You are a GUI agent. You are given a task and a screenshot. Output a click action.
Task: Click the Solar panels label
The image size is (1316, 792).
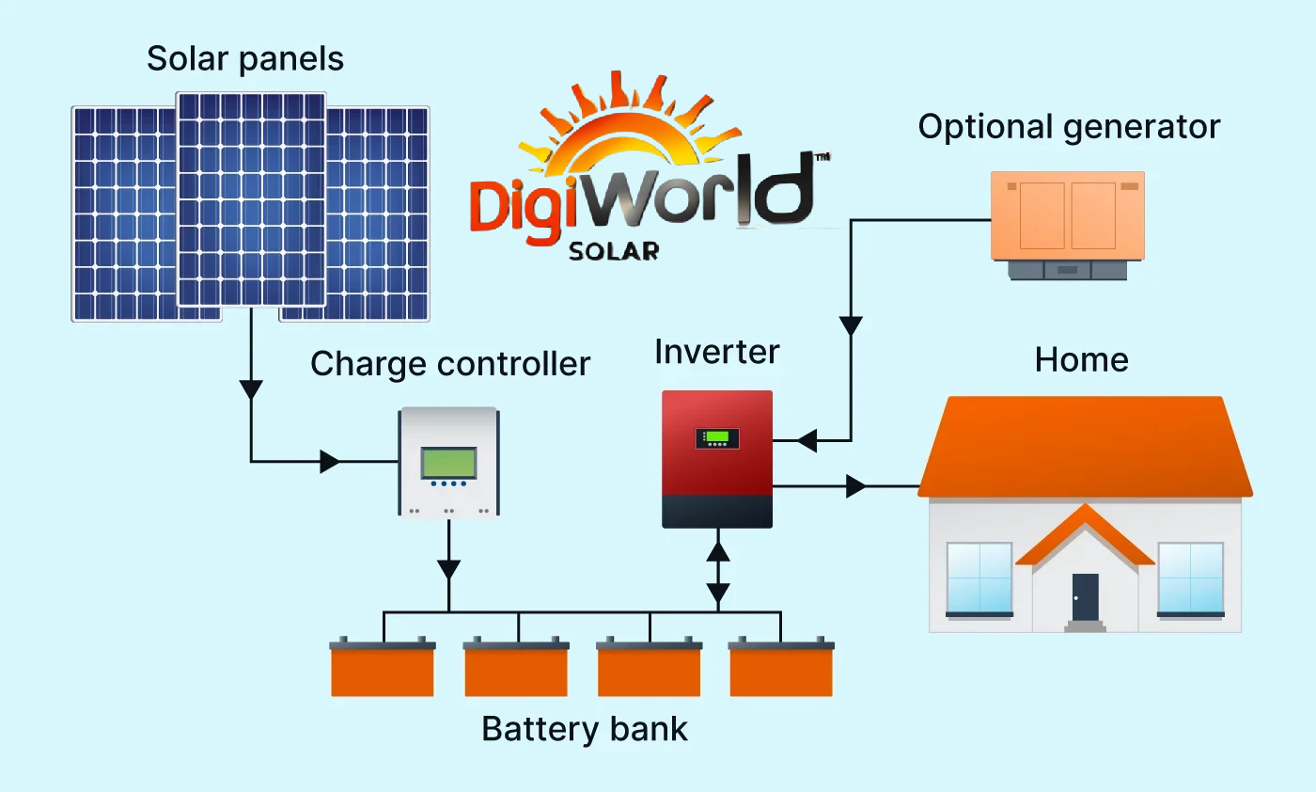pos(245,59)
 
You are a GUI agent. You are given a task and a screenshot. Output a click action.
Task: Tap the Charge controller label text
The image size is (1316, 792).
pos(450,364)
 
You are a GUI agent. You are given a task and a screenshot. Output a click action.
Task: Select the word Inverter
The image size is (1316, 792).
pos(717,353)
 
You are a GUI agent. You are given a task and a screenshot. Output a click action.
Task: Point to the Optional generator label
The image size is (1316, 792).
pos(1069,127)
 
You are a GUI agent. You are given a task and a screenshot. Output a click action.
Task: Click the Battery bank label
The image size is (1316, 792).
pos(585,729)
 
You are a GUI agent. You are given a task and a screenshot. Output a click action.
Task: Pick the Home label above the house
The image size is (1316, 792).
pos(1081,359)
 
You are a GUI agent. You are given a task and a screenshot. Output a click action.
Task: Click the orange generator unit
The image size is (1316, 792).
pos(1068,216)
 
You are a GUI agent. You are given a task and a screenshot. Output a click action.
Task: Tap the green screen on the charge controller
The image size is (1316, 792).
pos(448,463)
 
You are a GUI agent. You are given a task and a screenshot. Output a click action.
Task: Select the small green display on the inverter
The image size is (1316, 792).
pos(717,437)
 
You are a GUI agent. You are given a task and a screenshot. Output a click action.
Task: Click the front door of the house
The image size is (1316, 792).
pos(1085,596)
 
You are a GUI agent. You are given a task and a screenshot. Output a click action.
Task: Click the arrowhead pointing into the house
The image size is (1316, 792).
pos(855,486)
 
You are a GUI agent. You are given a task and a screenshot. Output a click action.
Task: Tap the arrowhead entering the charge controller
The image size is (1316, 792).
pos(330,461)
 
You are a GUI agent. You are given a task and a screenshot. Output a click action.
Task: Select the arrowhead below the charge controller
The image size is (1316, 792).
pos(448,569)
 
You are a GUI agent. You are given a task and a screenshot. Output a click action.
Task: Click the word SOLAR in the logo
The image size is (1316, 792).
pos(614,251)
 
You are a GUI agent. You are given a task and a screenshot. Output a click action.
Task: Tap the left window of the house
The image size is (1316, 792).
pos(979,578)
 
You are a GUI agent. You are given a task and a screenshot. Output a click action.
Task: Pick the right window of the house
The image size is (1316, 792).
pos(1190,578)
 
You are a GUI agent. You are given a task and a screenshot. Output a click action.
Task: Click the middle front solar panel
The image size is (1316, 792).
pos(251,198)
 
